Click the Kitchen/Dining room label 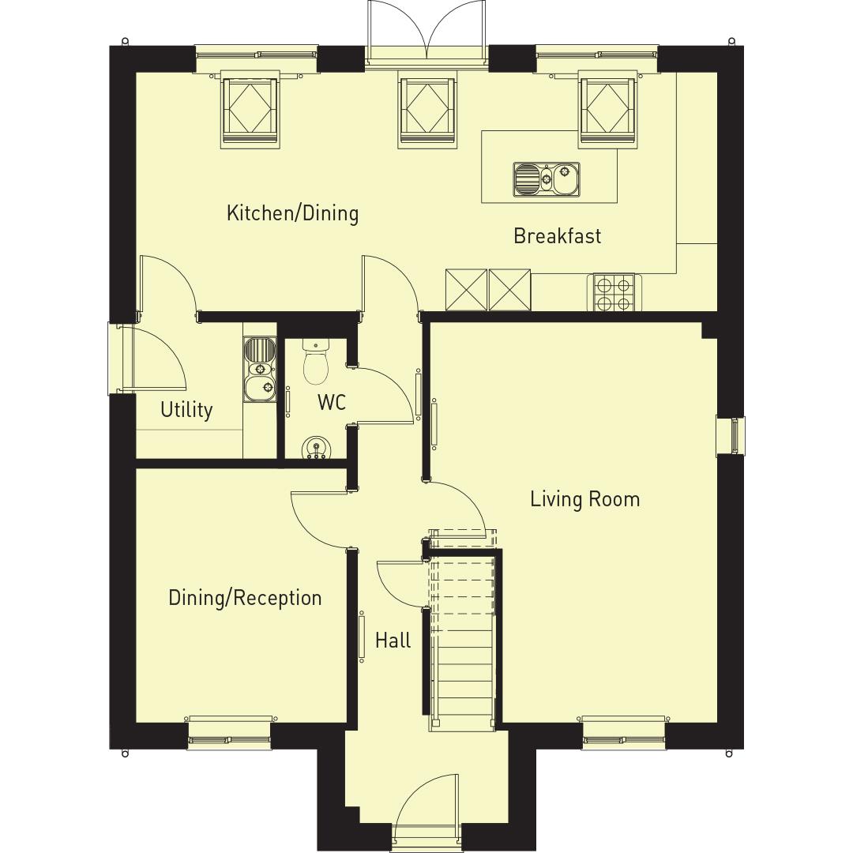292,213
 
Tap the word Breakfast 557,236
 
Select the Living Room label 584,499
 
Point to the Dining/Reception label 245,598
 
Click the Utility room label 186,410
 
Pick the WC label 332,402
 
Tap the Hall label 393,640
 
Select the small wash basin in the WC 318,448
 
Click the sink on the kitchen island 547,179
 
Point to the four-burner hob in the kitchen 614,293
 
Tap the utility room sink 259,368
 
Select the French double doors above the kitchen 427,32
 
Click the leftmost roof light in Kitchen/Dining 250,108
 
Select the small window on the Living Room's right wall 731,435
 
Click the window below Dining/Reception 230,730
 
